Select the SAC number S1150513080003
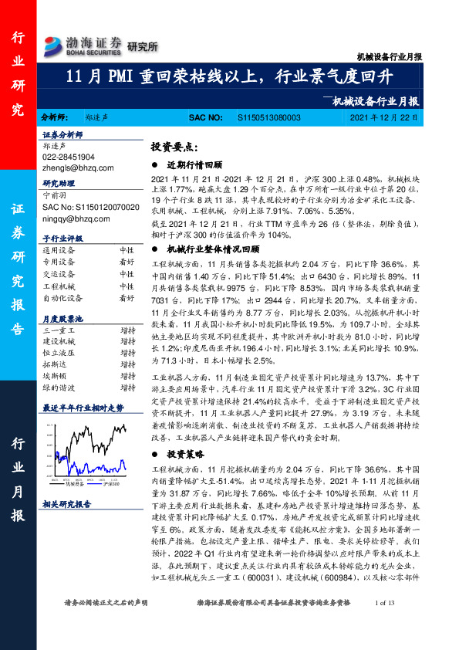point(268,117)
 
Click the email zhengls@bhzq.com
point(74,165)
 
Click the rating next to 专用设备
point(126,262)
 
